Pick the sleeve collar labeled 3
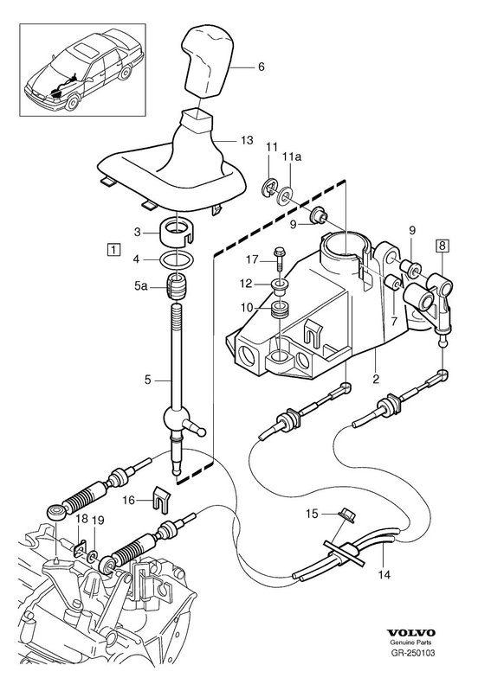tap(177, 232)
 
